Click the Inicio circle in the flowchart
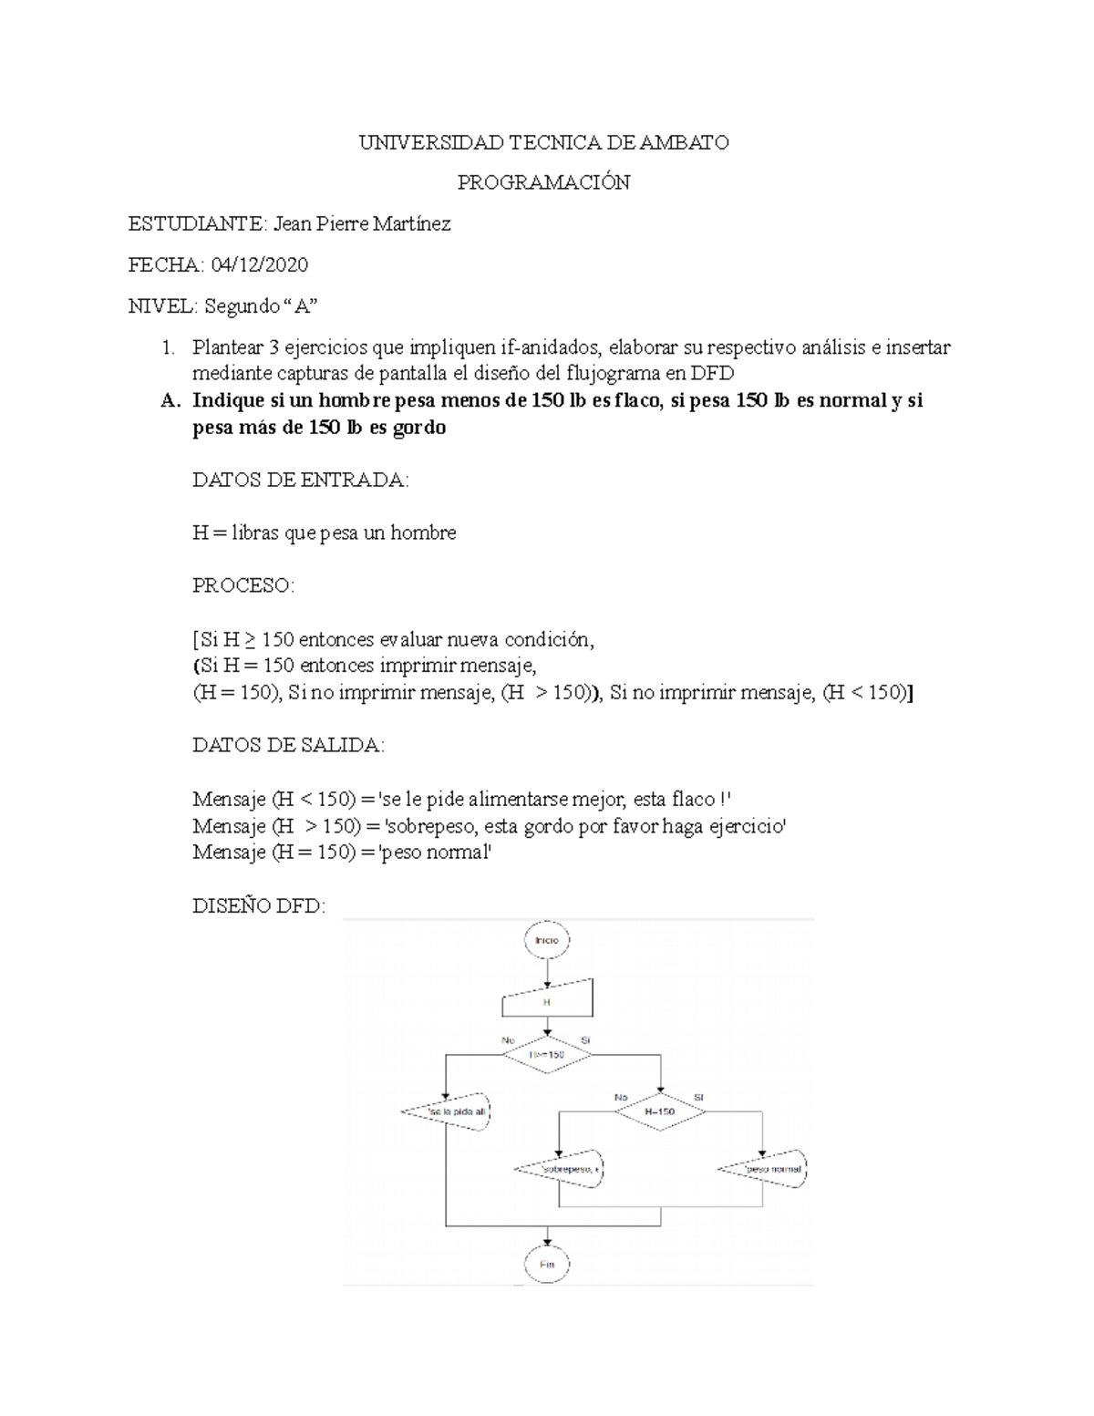coord(547,940)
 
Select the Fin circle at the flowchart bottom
coord(547,1265)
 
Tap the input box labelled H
coord(547,1000)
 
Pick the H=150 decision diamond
coord(660,1112)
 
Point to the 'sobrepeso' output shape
coord(561,1169)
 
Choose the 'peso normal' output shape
coord(764,1169)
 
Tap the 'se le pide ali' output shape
coord(447,1112)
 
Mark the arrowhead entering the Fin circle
coord(547,1242)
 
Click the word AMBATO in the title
coord(684,142)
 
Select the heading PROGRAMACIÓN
coord(543,182)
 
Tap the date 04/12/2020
coord(260,265)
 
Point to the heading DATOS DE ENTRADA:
coord(301,480)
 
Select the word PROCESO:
coord(243,585)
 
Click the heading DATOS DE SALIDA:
coord(289,746)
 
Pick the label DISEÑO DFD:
coord(258,906)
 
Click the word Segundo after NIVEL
coord(242,306)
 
